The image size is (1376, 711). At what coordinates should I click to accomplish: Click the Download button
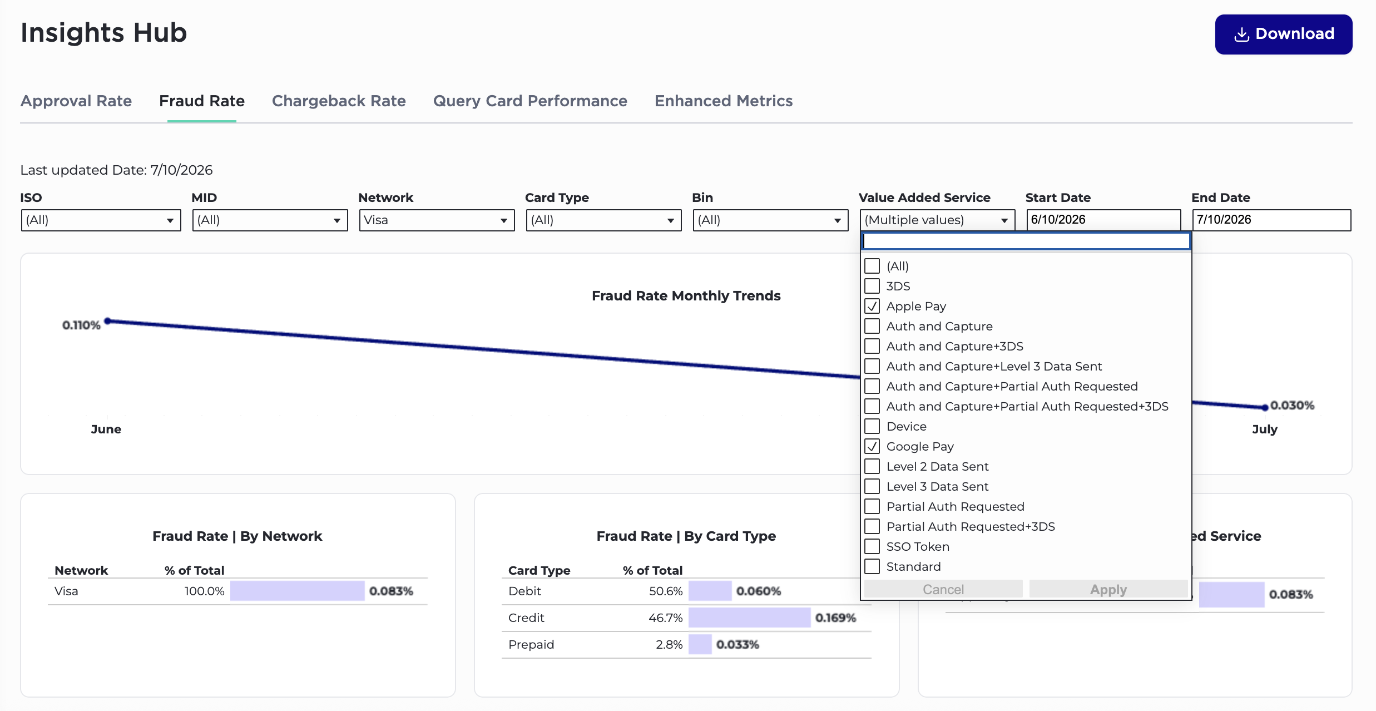point(1283,34)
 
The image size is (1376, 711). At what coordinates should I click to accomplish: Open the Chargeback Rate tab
point(339,101)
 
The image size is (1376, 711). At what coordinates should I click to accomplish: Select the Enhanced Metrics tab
point(724,101)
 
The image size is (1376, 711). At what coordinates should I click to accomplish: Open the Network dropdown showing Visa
point(437,220)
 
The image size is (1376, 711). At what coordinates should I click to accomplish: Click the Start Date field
point(1103,220)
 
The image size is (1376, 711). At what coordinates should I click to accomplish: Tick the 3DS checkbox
point(872,286)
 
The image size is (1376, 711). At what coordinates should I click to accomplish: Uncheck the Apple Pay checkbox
point(872,306)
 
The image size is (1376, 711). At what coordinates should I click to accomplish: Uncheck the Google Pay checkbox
point(872,446)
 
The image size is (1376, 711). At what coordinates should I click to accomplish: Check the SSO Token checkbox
point(872,546)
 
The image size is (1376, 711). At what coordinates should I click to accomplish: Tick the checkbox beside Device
point(872,426)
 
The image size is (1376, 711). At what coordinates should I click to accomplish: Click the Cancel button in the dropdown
point(943,589)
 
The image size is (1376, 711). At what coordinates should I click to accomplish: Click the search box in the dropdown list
point(1026,241)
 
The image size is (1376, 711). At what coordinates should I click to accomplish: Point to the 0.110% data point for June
point(108,321)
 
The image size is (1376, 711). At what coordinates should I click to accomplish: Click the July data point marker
point(1265,407)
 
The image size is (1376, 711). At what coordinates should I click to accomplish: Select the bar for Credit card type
point(749,618)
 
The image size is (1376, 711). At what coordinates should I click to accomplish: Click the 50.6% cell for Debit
point(665,591)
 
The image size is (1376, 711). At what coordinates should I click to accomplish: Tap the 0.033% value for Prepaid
point(738,644)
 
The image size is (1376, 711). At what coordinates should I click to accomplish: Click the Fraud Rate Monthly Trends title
point(686,295)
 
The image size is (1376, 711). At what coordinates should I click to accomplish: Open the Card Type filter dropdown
point(603,220)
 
